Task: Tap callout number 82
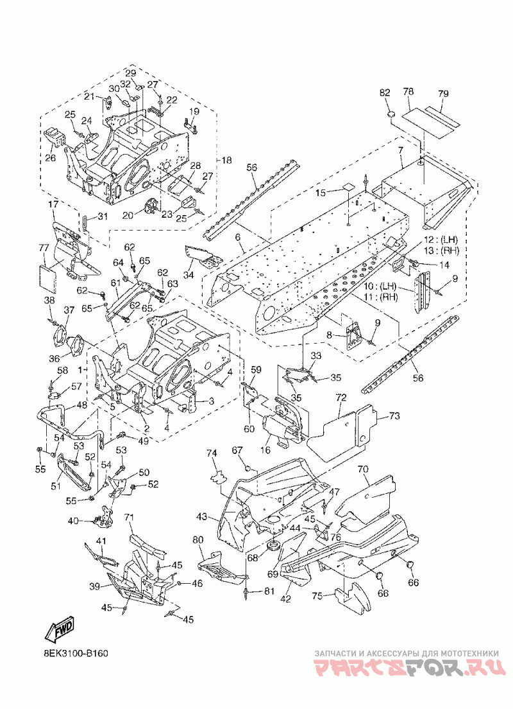tap(385, 92)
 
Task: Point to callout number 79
tap(442, 94)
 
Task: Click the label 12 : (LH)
tap(440, 239)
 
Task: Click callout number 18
tap(226, 160)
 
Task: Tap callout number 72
tap(341, 398)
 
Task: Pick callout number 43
tap(202, 516)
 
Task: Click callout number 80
tap(198, 540)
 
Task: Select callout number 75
tap(317, 596)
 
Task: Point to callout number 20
tap(128, 215)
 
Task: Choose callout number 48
tap(81, 405)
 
